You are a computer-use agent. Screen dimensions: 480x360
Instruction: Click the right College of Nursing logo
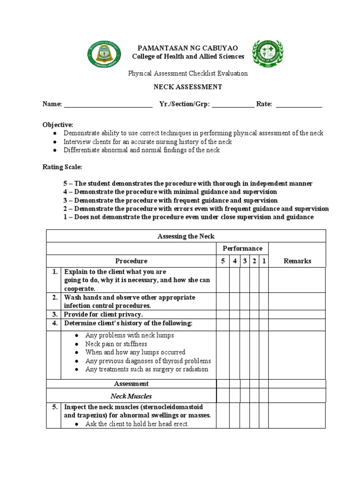click(268, 53)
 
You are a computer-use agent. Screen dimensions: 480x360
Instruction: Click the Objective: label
click(58, 125)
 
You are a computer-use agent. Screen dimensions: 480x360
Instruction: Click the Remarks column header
click(297, 261)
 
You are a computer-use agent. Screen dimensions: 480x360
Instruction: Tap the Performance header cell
click(242, 248)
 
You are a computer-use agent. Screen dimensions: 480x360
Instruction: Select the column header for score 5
click(223, 261)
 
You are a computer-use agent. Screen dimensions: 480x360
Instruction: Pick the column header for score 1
click(264, 261)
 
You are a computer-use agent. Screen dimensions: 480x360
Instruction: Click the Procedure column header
click(131, 261)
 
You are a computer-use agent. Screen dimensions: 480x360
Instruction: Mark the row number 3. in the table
click(54, 315)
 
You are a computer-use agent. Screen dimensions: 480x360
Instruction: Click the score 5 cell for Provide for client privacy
click(223, 315)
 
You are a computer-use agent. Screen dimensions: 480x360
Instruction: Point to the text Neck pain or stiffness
click(116, 344)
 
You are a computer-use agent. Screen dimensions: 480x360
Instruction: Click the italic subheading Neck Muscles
click(131, 396)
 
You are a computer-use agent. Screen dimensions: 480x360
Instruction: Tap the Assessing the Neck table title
click(186, 236)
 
